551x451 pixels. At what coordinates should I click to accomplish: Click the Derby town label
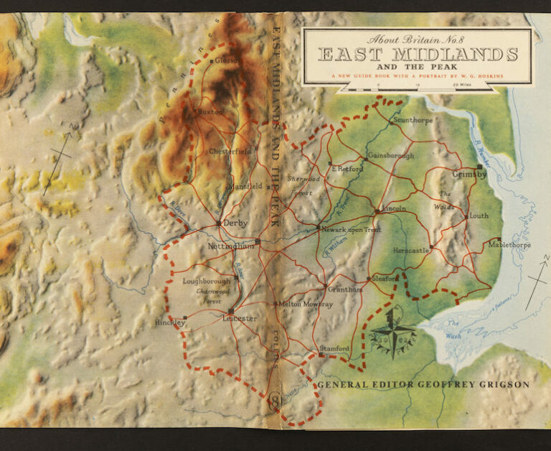235,223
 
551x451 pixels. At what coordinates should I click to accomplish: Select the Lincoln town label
395,208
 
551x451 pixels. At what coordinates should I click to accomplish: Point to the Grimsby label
469,174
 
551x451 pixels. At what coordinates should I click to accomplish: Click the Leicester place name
240,317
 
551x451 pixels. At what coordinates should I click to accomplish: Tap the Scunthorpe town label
413,120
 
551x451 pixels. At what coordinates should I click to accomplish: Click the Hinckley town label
170,323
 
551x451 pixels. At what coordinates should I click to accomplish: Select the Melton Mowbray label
306,304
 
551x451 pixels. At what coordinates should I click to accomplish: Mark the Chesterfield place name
230,152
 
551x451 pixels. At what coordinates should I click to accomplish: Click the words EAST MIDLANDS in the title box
418,55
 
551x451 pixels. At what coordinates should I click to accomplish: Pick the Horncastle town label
411,251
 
